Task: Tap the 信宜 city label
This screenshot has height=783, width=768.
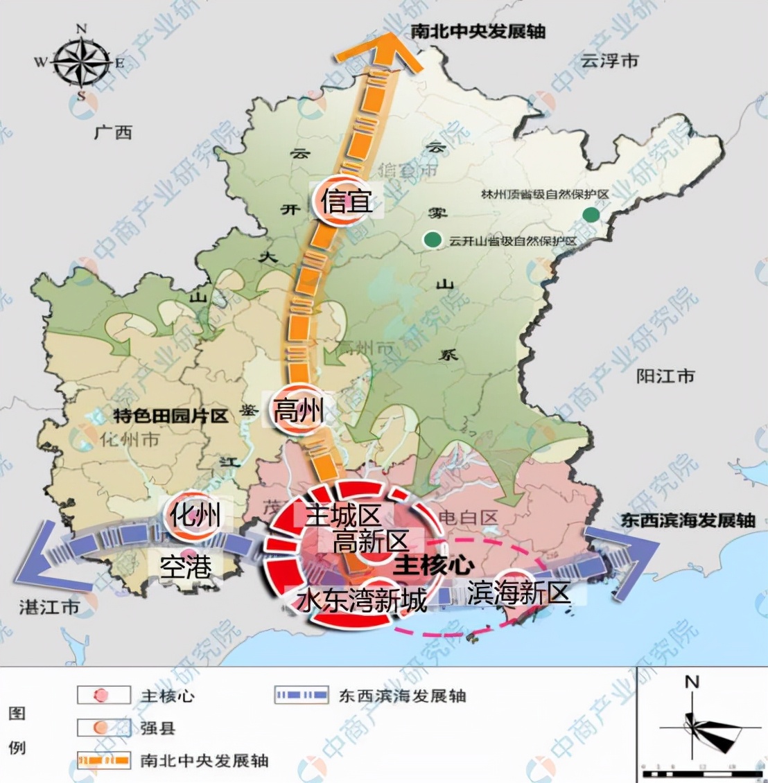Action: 346,202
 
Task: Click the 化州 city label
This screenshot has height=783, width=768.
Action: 195,516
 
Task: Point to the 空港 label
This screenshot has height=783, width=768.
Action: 185,567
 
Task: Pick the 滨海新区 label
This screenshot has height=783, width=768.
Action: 518,593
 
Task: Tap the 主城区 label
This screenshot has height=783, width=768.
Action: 343,516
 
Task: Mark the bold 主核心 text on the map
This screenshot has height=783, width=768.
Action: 433,565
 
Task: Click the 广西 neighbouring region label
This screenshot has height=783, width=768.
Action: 113,132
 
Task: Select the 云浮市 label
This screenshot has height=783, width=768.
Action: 609,61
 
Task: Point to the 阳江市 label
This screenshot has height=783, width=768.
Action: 665,376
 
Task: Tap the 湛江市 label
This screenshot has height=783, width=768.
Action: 49,608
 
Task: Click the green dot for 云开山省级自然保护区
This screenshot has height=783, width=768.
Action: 433,240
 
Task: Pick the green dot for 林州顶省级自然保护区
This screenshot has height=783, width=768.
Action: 590,215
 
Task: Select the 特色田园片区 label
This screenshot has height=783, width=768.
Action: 171,416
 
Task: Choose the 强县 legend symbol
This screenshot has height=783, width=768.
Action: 103,728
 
